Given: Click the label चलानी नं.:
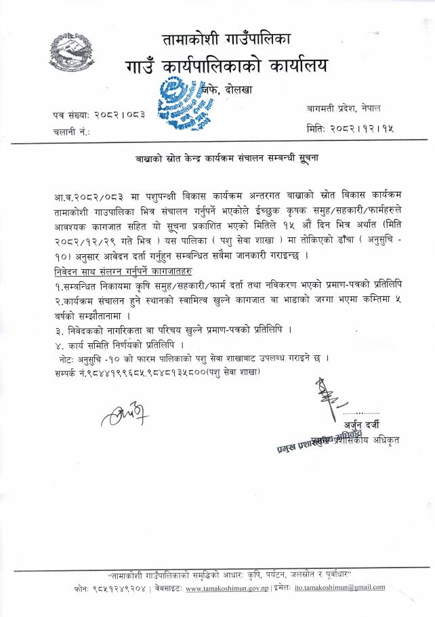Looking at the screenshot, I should [71, 132].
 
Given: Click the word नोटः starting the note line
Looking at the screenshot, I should [71, 360].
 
